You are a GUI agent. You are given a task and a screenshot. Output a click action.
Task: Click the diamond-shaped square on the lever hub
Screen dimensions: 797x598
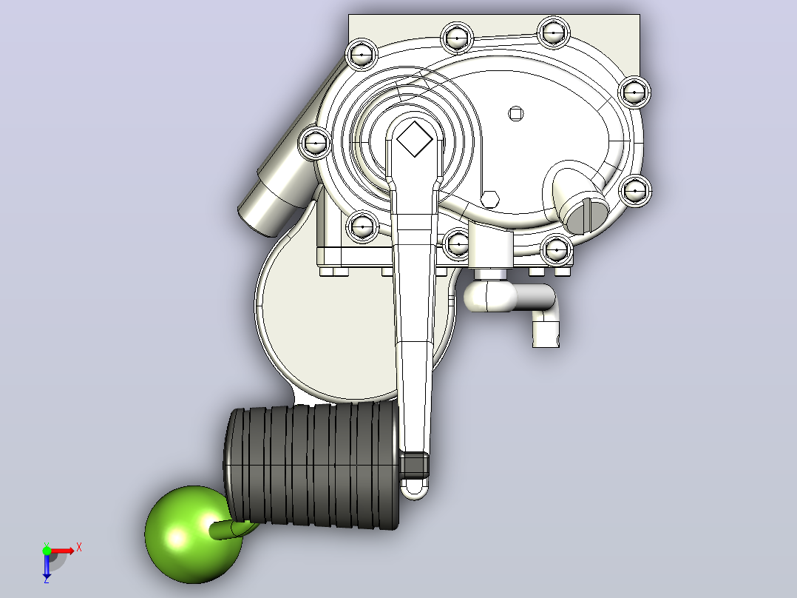414,139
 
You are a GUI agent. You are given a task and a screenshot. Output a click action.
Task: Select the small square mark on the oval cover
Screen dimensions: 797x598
516,114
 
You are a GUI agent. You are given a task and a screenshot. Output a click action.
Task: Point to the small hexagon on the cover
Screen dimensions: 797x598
490,199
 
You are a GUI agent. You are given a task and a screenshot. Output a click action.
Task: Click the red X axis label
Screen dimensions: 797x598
79,548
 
